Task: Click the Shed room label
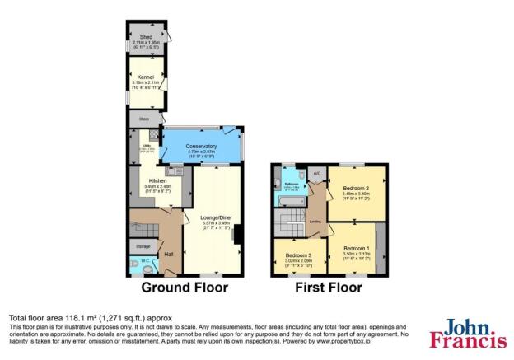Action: (145, 36)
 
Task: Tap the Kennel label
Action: (145, 77)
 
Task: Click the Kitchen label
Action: (158, 181)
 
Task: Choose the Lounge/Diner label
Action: (213, 217)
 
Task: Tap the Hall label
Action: (168, 254)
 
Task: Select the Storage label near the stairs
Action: (143, 245)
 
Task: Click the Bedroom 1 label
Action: (356, 249)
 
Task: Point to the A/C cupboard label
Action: (317, 174)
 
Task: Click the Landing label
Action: (315, 222)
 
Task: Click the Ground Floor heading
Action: (184, 288)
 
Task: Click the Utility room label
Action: (145, 148)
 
